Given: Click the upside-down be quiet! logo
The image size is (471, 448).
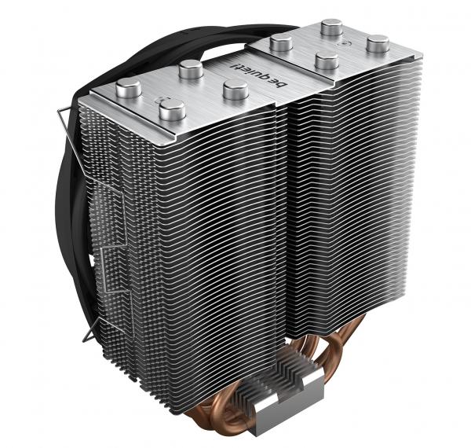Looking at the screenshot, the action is (259, 75).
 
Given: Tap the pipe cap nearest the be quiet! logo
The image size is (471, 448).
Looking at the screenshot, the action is (235, 90).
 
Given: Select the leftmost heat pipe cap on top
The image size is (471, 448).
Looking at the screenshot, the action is (129, 88).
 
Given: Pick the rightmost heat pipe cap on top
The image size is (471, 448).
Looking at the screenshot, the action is (378, 43).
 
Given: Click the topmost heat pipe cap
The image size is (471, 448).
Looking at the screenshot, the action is (332, 27).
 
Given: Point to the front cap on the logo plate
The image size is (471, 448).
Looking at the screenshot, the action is (172, 110).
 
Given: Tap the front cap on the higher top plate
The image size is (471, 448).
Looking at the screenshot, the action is (327, 61).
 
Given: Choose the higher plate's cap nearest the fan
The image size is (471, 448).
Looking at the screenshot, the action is (281, 42).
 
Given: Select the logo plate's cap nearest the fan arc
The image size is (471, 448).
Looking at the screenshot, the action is (191, 69).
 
